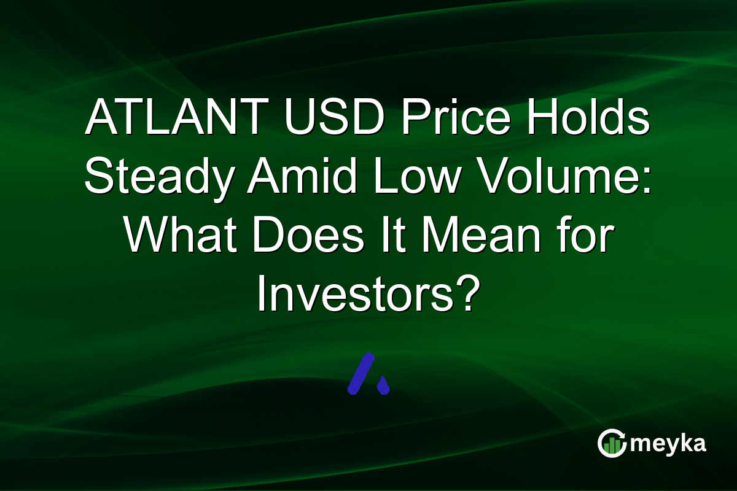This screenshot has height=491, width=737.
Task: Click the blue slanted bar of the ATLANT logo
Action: [361, 373]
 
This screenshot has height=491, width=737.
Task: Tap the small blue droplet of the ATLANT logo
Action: [383, 386]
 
